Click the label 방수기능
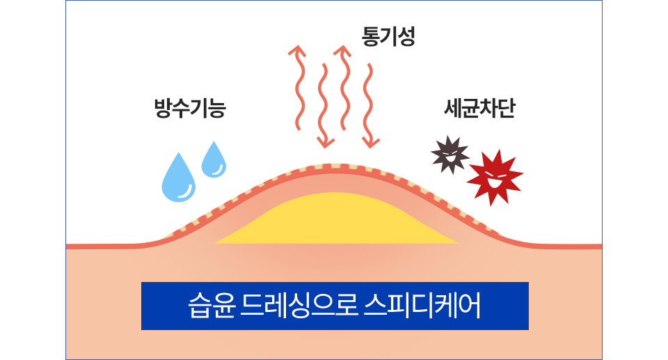[x=190, y=109]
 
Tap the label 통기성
[x=388, y=36]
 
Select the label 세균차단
[x=479, y=109]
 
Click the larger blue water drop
[x=178, y=179]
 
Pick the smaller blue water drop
[x=214, y=161]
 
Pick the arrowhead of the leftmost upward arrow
[x=298, y=50]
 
